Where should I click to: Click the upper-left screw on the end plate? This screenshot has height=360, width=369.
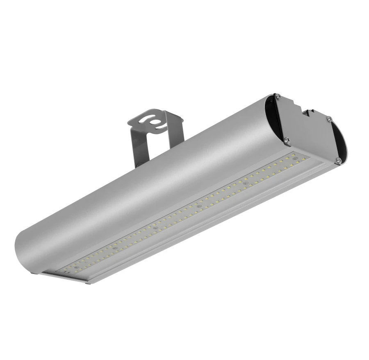(x=278, y=97)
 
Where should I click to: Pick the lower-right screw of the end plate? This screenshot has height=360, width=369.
(x=338, y=160)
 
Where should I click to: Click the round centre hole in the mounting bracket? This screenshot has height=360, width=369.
(x=155, y=122)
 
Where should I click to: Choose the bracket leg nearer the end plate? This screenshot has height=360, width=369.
(x=176, y=135)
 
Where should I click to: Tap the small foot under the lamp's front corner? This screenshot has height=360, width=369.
(x=87, y=282)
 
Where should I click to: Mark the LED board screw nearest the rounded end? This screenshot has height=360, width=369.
(x=115, y=248)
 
